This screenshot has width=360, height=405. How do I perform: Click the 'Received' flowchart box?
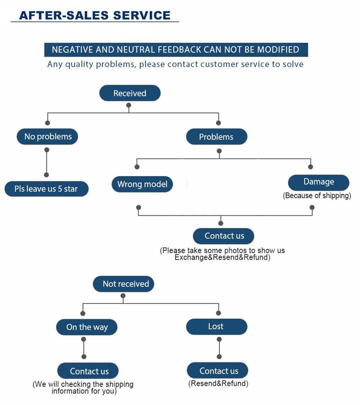[130, 93]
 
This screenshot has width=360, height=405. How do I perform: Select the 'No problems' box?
[47, 136]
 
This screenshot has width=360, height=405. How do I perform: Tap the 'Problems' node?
[217, 137]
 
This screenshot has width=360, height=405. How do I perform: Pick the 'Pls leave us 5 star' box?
[46, 189]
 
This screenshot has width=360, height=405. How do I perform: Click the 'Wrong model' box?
[142, 184]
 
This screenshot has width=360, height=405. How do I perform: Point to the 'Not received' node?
[123, 284]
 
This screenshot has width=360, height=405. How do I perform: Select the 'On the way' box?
[87, 327]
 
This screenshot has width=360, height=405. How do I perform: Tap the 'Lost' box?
[217, 327]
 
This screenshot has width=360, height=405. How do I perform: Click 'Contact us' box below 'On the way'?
[88, 371]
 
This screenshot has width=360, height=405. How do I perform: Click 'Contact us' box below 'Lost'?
[217, 370]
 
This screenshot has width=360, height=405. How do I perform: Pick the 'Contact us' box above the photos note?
[224, 236]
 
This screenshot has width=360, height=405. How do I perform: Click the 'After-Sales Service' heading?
[95, 15]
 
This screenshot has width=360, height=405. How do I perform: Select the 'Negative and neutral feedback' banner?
[176, 50]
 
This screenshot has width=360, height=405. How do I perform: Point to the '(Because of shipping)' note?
[317, 195]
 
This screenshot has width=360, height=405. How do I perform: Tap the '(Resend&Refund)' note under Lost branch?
[218, 383]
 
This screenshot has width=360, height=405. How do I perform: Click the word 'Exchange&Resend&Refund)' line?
[222, 257]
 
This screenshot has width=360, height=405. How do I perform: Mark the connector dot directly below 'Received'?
[129, 105]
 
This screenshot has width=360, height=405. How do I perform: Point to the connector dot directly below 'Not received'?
[123, 296]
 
